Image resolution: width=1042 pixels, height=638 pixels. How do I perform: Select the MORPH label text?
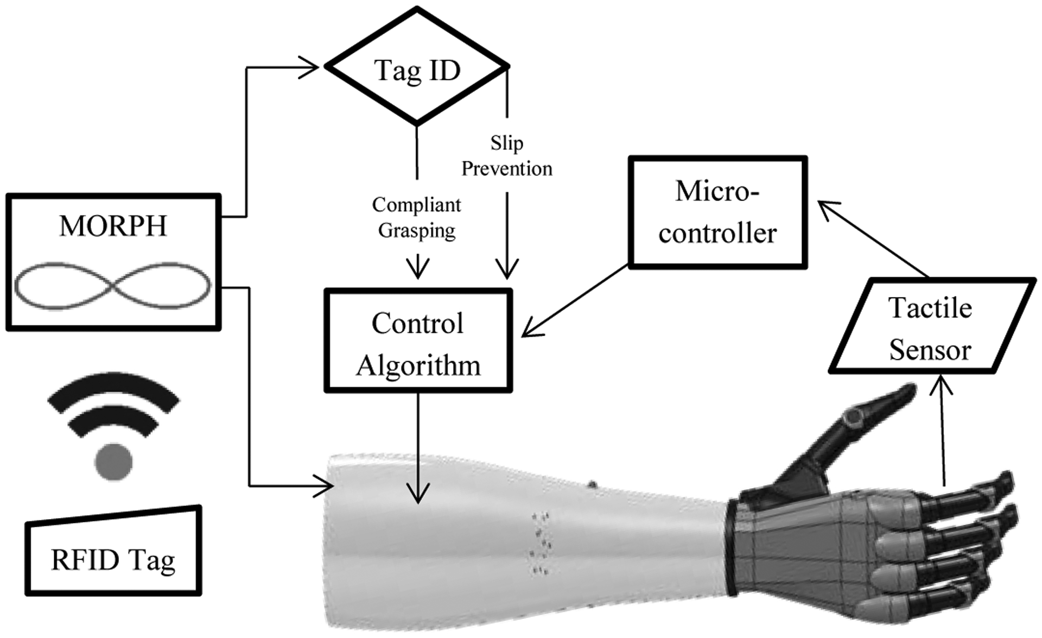[113, 226]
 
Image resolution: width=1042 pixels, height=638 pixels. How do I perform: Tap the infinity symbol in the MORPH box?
[112, 286]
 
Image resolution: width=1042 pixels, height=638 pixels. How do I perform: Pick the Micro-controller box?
[717, 212]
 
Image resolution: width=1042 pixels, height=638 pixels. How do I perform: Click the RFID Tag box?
[113, 554]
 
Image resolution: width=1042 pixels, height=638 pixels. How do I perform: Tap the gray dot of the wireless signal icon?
[113, 462]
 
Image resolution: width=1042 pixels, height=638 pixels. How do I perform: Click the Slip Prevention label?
[506, 156]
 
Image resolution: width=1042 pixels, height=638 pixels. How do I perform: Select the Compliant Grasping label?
[416, 217]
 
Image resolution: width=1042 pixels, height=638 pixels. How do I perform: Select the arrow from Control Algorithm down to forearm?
[418, 445]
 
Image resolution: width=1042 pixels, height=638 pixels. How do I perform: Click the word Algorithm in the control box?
[418, 365]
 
